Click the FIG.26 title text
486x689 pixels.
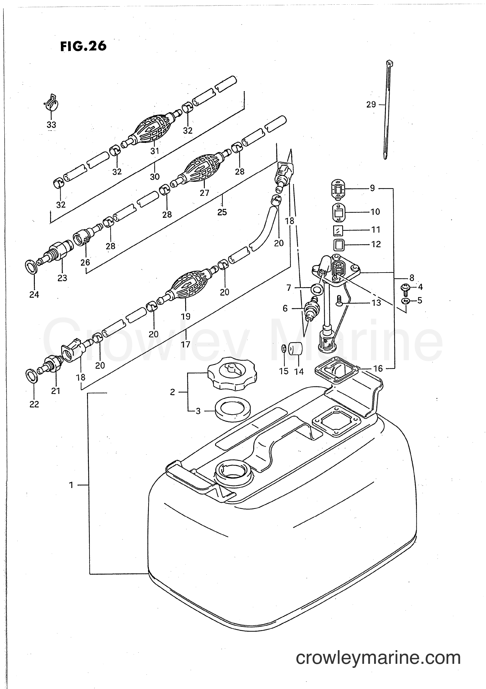pos(83,46)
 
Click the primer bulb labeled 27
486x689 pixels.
pos(203,170)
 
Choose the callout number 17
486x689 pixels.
pos(186,344)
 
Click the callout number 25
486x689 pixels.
pos(222,212)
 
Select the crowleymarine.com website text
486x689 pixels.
pos(378,655)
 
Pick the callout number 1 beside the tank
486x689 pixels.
pos(71,485)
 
